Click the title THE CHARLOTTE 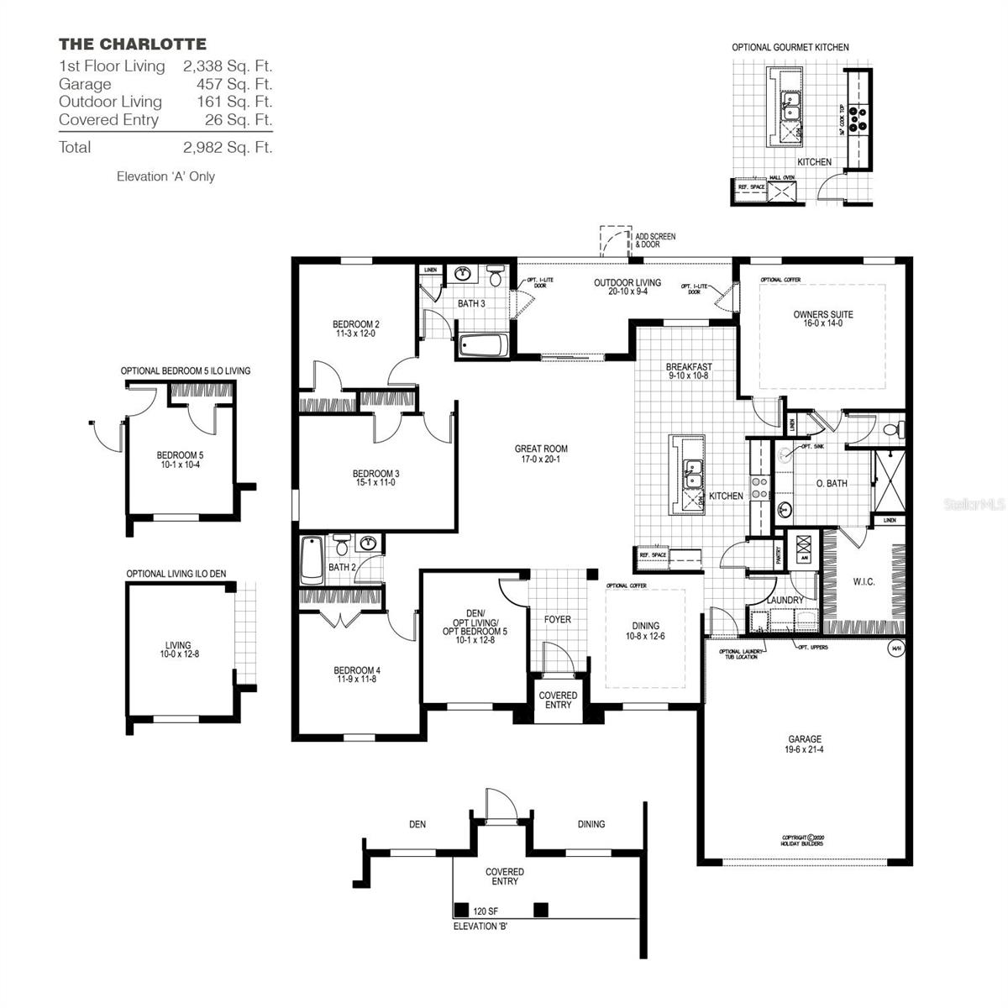[132, 44]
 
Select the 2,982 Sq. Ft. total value [228, 147]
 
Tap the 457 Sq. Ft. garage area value [228, 84]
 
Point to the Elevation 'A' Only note [165, 176]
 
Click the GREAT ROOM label [541, 454]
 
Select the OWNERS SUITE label [822, 318]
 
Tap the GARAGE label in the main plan [805, 744]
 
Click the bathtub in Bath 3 [482, 345]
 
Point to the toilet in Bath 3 [496, 275]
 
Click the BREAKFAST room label [689, 371]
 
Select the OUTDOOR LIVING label [627, 286]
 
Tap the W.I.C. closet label [864, 581]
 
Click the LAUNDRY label [785, 601]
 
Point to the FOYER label [558, 619]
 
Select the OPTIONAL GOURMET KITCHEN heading [790, 48]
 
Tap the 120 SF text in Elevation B [486, 911]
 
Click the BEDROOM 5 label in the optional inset [180, 459]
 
